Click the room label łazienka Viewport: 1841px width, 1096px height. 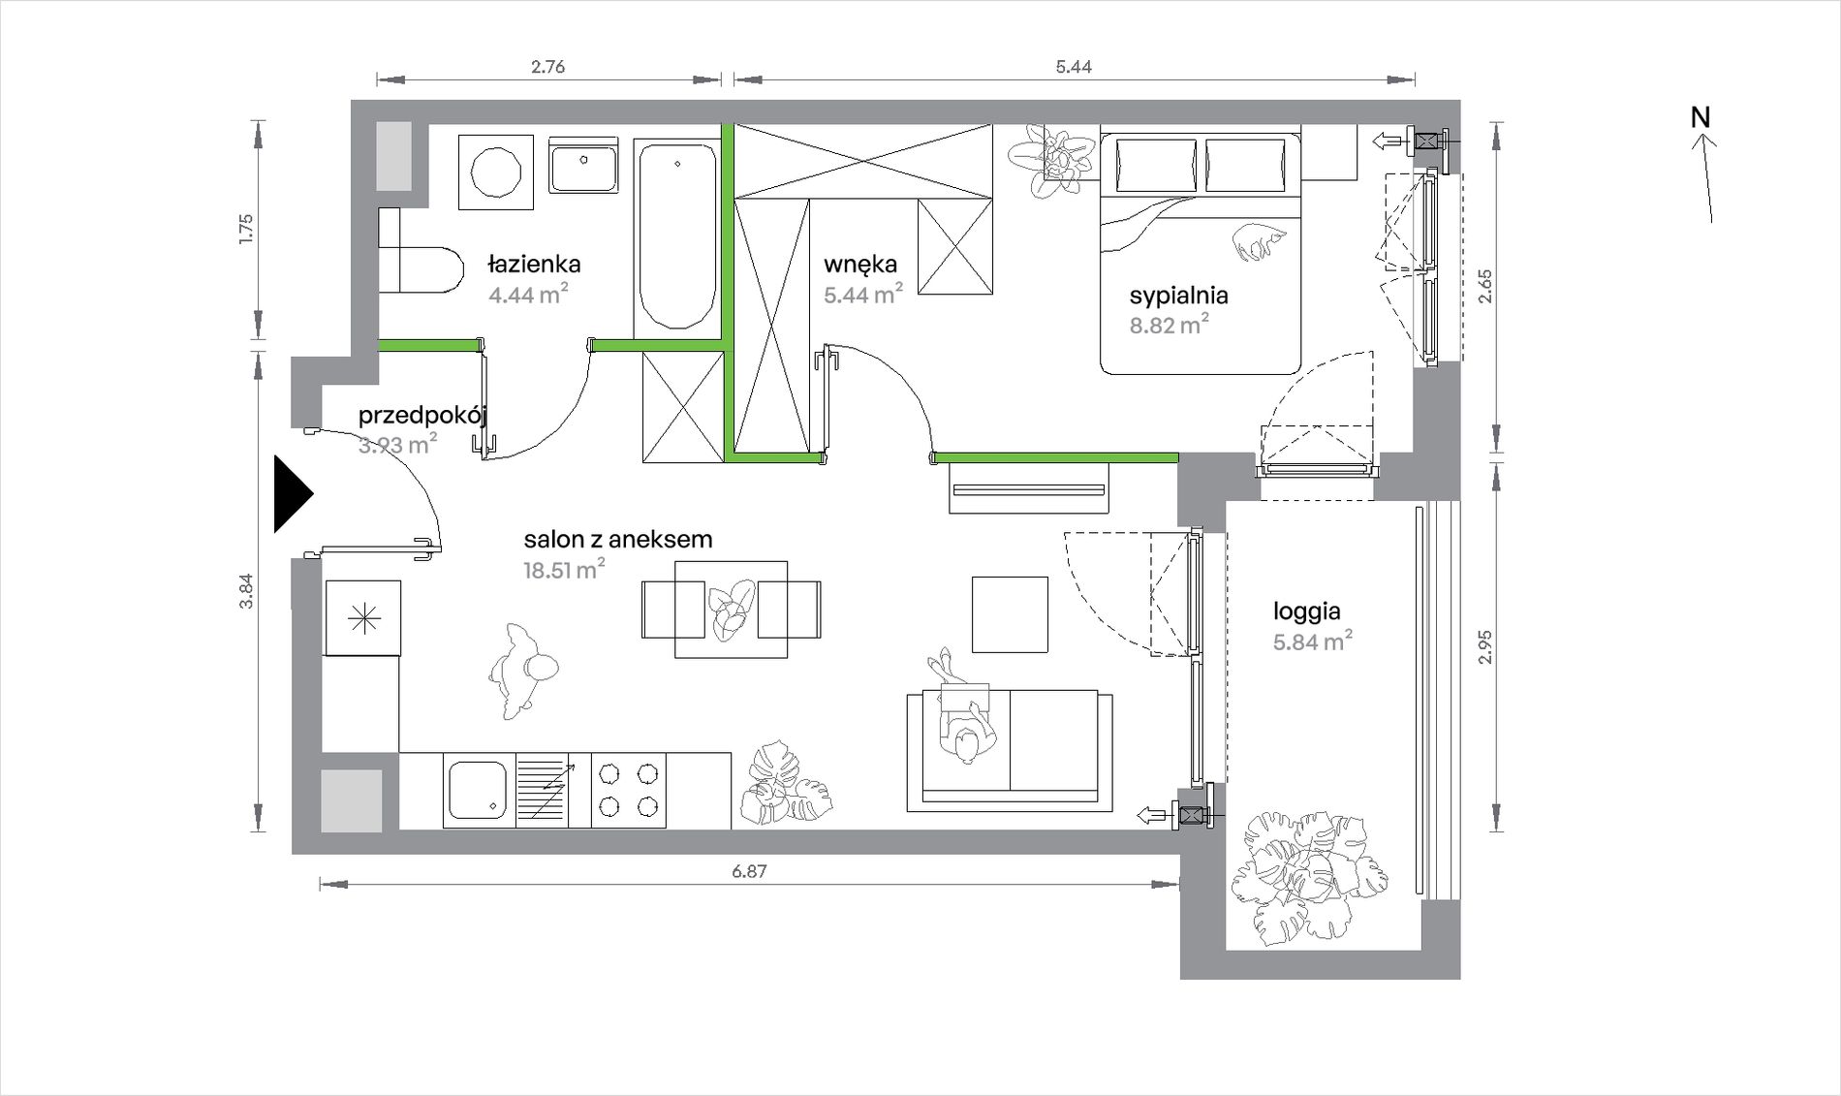(534, 264)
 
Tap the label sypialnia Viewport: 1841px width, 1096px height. (1178, 296)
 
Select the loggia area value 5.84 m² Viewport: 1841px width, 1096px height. (1313, 641)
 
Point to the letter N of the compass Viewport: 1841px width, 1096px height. (1701, 117)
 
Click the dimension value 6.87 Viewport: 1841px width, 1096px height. (749, 871)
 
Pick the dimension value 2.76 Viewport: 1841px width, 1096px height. (547, 67)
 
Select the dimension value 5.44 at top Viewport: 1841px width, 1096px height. (1074, 67)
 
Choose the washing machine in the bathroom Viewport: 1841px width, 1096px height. (496, 172)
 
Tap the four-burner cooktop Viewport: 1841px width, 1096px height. (628, 790)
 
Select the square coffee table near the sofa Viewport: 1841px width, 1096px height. (1010, 614)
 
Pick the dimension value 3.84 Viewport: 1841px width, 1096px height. (246, 591)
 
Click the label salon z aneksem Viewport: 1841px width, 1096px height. (618, 540)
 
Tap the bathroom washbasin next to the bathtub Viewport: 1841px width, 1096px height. (583, 166)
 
